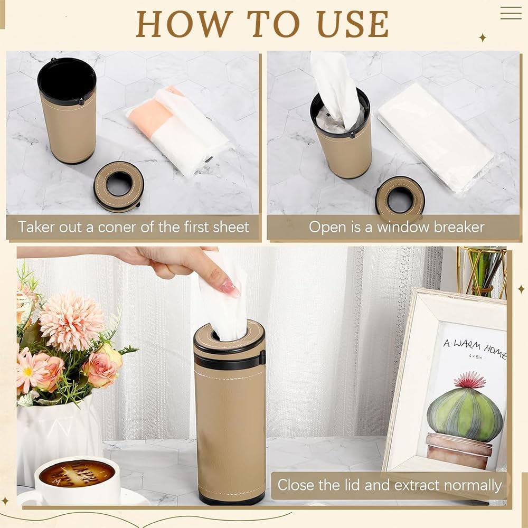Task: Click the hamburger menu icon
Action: [511, 13]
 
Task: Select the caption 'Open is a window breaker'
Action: [397, 227]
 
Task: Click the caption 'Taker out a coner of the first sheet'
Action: [134, 227]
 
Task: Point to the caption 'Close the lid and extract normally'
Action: [390, 485]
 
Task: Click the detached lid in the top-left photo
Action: [119, 186]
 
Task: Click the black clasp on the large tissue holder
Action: [262, 359]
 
